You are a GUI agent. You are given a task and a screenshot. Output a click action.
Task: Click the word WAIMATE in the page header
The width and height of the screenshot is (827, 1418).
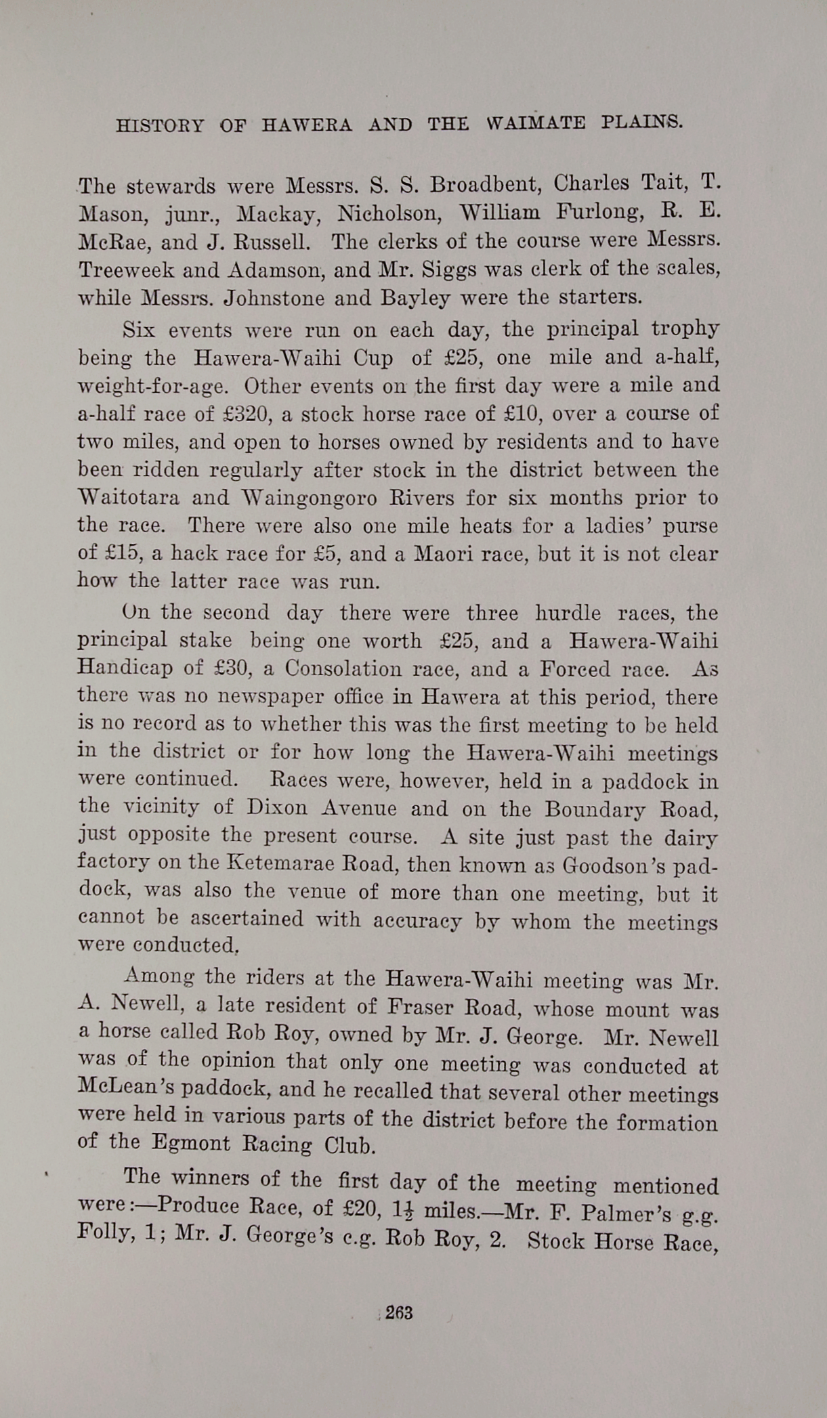tap(536, 123)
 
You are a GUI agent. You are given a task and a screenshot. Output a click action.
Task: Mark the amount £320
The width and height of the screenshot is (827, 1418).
tap(243, 414)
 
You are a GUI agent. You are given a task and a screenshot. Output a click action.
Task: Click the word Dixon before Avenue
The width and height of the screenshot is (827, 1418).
tap(278, 808)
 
